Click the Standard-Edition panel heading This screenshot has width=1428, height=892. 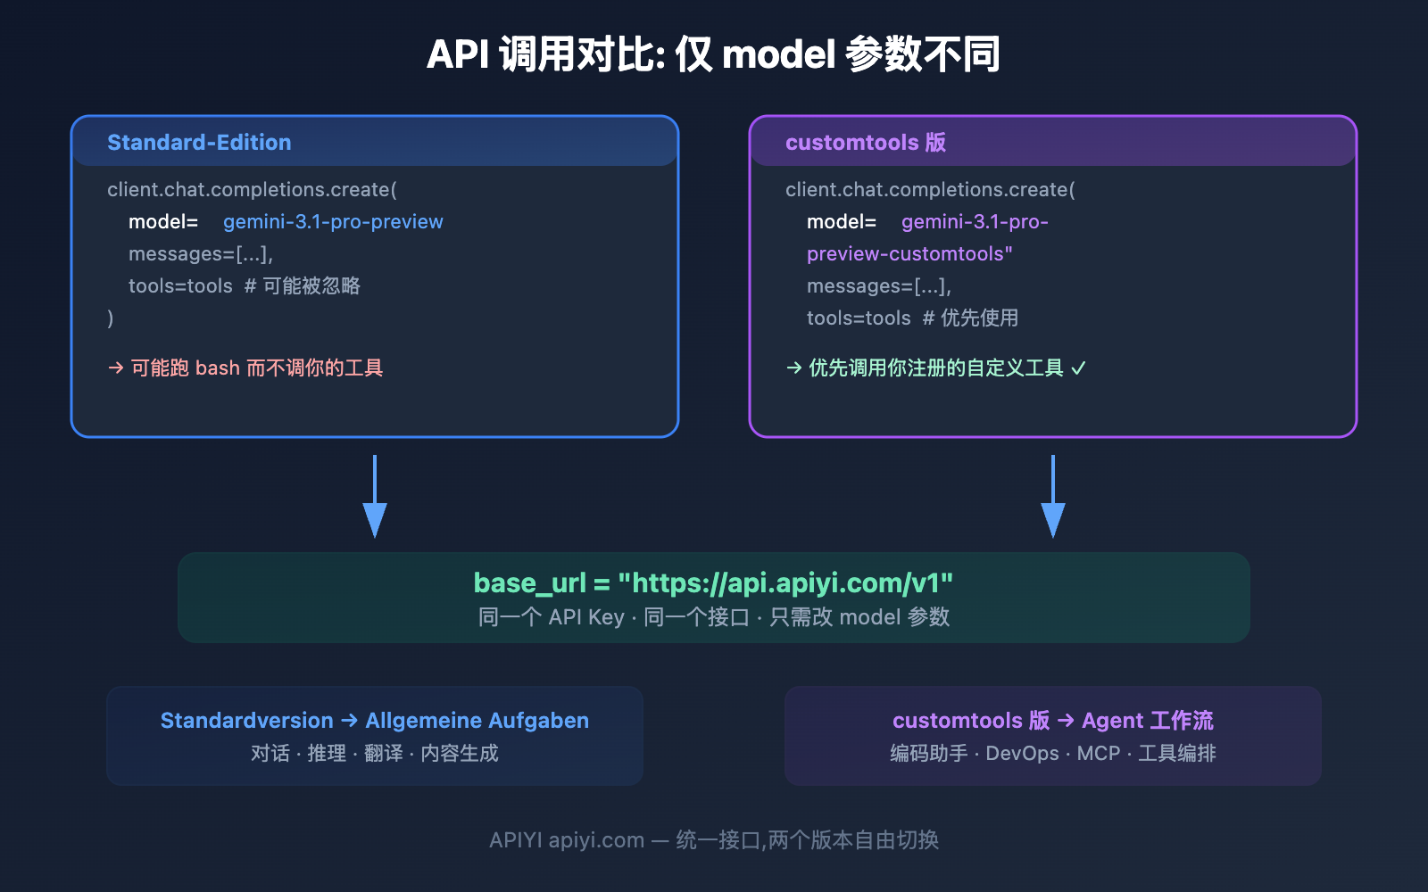(x=199, y=143)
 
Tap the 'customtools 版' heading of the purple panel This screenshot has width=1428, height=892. (x=865, y=143)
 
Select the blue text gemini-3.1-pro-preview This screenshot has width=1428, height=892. (x=333, y=222)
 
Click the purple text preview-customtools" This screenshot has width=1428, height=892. (x=909, y=254)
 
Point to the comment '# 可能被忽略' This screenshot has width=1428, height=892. (x=303, y=286)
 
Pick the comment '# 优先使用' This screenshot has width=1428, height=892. (x=970, y=318)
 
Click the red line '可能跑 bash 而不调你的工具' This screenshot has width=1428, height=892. (x=256, y=368)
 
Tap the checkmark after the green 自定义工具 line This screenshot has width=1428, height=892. (x=1078, y=368)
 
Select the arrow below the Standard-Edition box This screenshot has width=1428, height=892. (x=375, y=500)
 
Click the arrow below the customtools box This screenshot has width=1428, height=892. (x=1053, y=500)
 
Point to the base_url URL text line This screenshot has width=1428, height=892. (x=713, y=583)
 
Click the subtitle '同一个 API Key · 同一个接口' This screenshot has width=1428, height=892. (x=614, y=617)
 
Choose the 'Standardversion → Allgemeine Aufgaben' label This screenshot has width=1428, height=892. (x=374, y=721)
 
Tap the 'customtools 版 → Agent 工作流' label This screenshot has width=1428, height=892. (x=1052, y=721)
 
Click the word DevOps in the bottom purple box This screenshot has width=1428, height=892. (x=1022, y=754)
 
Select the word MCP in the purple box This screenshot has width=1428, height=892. (x=1098, y=754)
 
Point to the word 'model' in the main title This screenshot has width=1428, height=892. (x=778, y=55)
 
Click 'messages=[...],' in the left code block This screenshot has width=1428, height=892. (x=201, y=254)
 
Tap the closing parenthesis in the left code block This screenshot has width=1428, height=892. (x=111, y=318)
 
